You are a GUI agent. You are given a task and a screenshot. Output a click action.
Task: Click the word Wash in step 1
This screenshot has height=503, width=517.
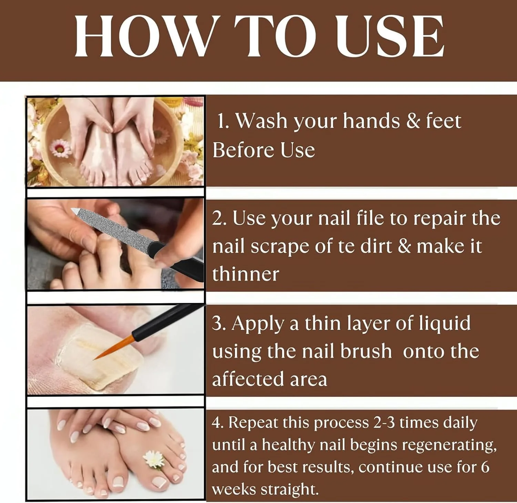262,121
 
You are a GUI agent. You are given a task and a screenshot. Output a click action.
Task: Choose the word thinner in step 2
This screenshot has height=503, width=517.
245,274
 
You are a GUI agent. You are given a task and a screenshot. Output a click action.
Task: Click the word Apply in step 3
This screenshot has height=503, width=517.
257,324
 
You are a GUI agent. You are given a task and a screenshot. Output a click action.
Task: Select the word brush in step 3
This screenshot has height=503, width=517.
366,351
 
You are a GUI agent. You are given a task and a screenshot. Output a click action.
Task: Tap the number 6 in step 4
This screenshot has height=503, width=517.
485,467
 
